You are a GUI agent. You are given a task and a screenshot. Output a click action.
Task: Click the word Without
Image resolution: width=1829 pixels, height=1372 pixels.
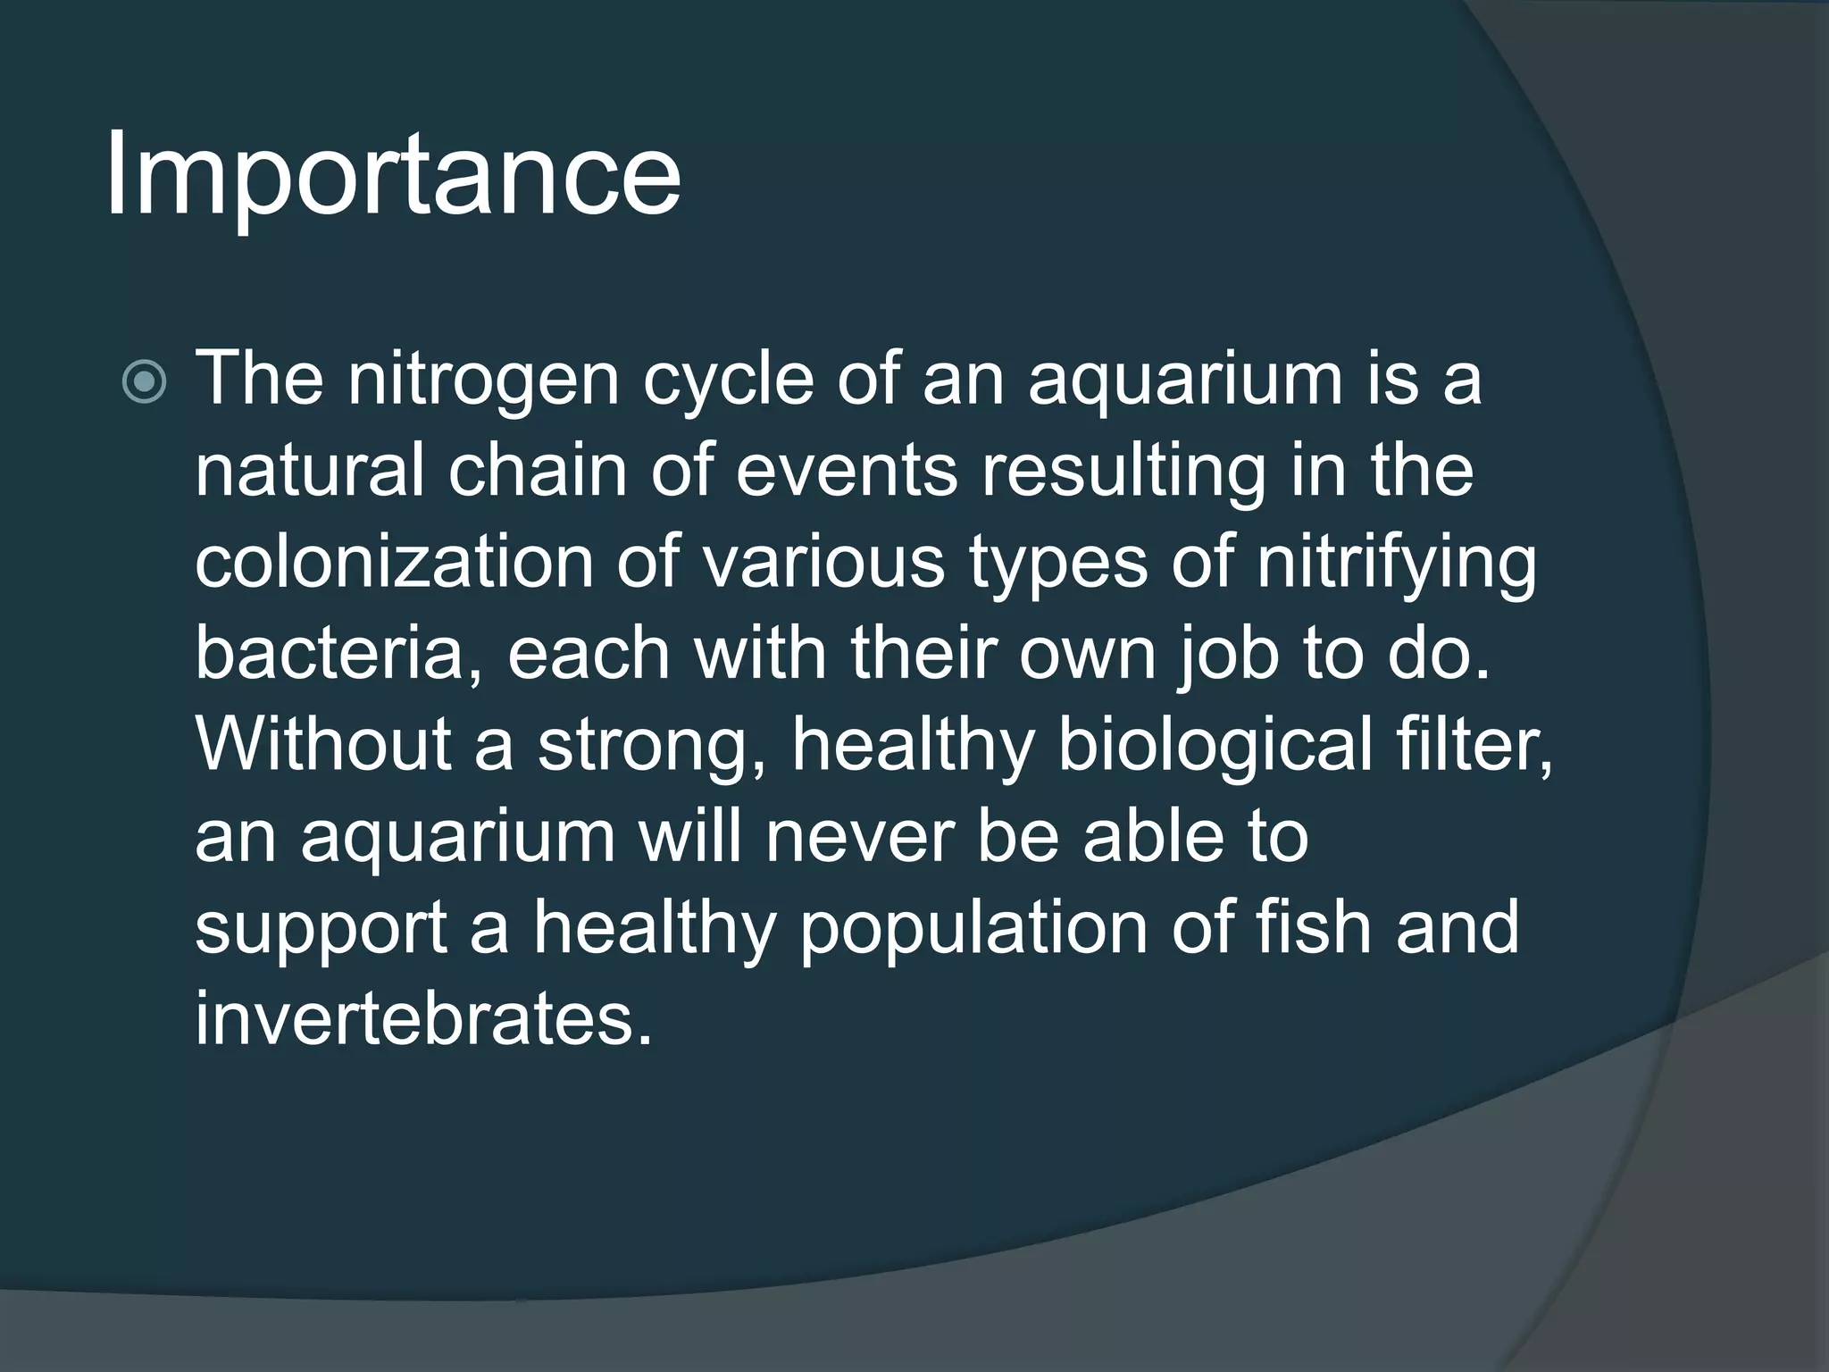[x=322, y=745]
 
